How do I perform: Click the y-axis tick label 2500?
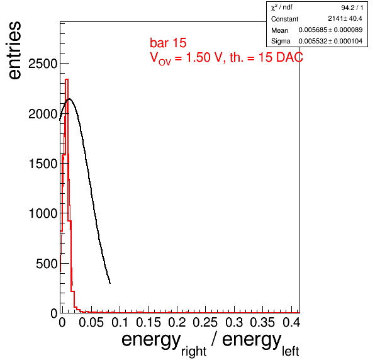(x=43, y=64)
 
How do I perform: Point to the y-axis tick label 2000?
(x=43, y=114)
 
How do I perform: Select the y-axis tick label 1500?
(x=43, y=164)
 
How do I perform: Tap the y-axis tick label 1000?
(x=43, y=213)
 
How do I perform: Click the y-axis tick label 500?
(x=47, y=264)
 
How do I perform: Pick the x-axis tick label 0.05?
(x=91, y=322)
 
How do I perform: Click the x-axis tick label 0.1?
(x=120, y=322)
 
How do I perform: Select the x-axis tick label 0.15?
(x=148, y=322)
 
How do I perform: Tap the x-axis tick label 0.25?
(x=205, y=322)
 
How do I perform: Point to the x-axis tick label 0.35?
(x=262, y=322)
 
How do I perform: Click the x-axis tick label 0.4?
(x=291, y=322)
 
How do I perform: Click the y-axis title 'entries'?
(x=14, y=50)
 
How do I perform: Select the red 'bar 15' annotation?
(x=168, y=43)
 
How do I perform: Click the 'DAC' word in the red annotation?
(x=289, y=57)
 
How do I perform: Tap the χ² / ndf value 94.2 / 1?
(x=352, y=8)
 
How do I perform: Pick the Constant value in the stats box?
(x=345, y=19)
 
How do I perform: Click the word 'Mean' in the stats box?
(x=279, y=30)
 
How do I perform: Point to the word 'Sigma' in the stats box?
(x=281, y=42)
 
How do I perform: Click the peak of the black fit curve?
(x=69, y=99)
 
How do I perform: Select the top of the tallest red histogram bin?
(x=67, y=79)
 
